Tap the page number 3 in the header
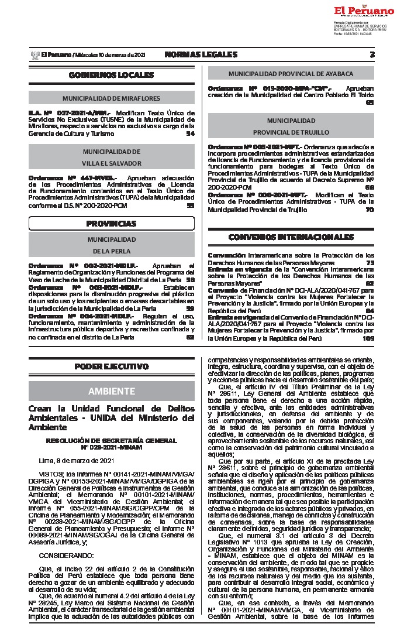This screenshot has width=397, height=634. tap(372, 54)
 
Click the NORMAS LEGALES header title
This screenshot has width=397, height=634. tap(201, 54)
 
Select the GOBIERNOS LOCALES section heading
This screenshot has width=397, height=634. tap(111, 75)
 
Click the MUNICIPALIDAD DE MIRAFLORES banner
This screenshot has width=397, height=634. tap(111, 98)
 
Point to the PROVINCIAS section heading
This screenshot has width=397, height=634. tap(111, 224)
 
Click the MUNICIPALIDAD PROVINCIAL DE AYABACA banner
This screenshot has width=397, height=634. tap(291, 74)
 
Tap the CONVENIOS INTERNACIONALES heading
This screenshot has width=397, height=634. tap(291, 237)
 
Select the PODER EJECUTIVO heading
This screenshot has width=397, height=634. tap(111, 366)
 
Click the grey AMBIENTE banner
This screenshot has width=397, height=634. tap(111, 390)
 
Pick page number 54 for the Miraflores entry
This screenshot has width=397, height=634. tap(190, 133)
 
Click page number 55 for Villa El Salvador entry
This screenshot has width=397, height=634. tap(190, 205)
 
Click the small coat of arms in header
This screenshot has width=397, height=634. tap(34, 54)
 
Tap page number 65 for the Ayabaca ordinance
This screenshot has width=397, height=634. tap(370, 102)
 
